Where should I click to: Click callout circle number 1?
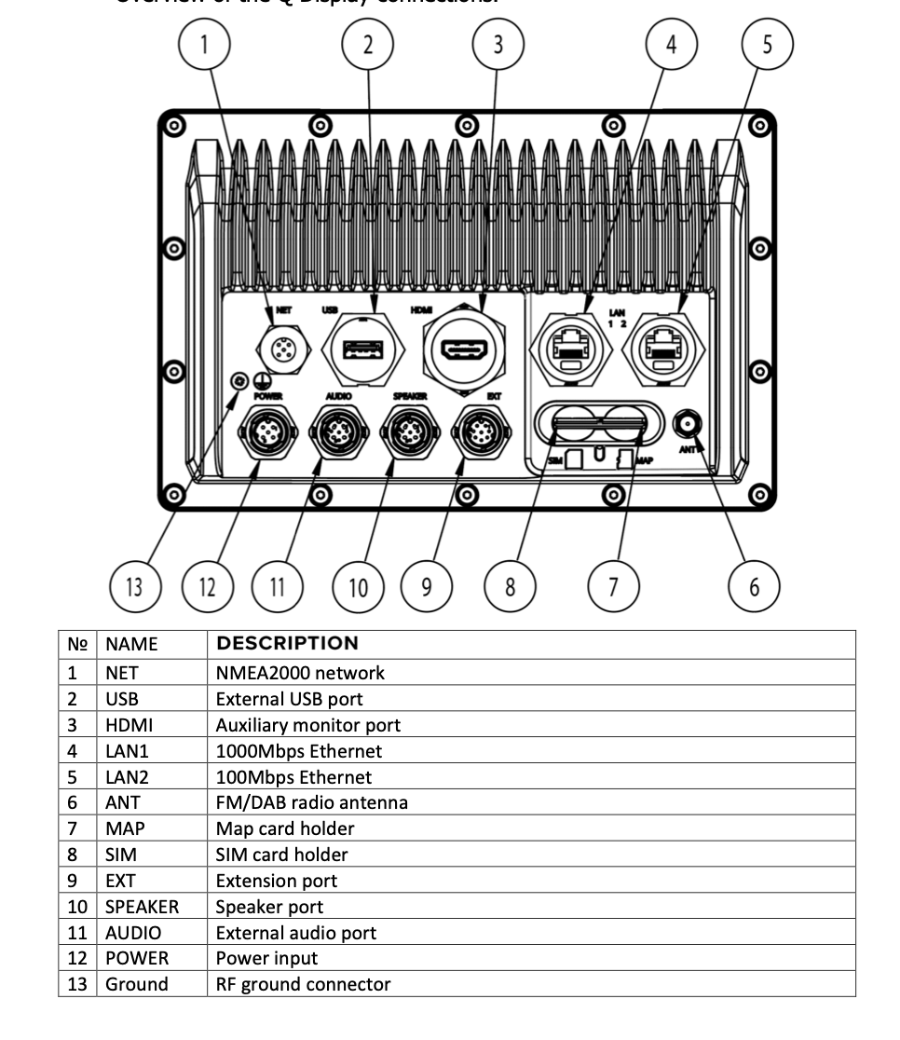[205, 44]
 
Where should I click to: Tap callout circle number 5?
[767, 43]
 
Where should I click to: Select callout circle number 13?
[136, 587]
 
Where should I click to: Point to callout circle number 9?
[426, 587]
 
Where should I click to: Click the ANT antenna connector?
[688, 425]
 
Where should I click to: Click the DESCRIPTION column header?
[287, 644]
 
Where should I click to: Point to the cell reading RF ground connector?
[303, 984]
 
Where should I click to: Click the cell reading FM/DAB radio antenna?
[311, 802]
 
